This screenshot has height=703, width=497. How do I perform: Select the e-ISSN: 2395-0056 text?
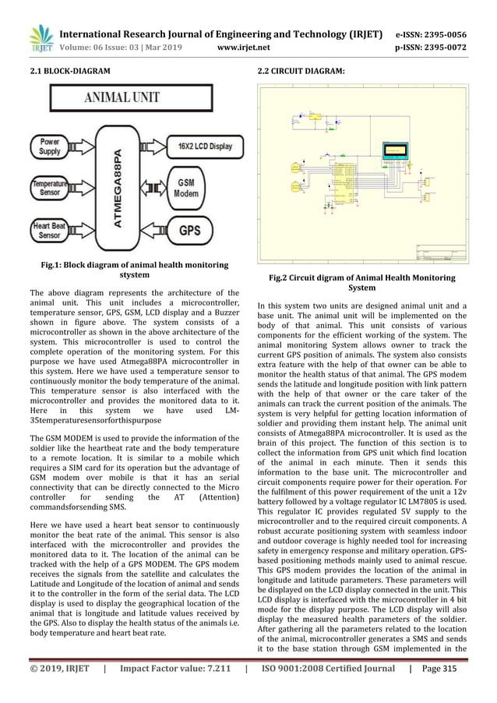point(438,35)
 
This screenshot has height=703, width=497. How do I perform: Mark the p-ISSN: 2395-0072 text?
point(438,48)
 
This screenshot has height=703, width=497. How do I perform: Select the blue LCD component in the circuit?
point(396,149)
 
